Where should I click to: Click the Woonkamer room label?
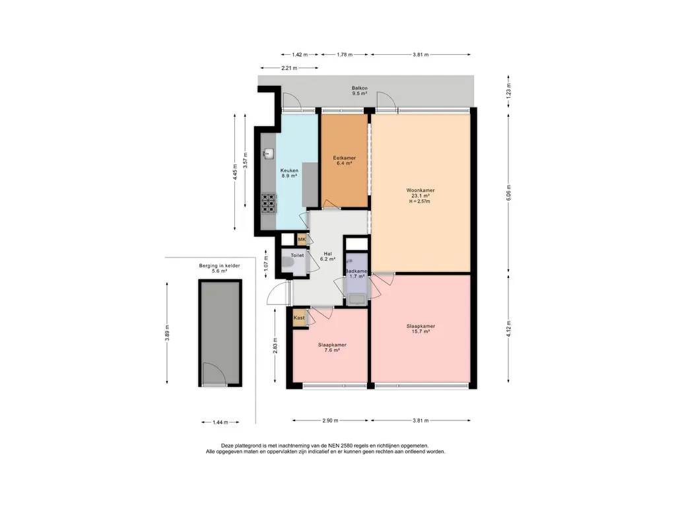(421, 190)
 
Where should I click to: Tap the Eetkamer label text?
(345, 158)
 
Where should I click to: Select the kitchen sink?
(269, 153)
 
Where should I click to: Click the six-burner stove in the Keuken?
(268, 203)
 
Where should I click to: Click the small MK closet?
(302, 239)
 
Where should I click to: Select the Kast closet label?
(299, 318)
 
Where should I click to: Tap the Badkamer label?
(356, 271)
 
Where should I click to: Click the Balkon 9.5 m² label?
(360, 90)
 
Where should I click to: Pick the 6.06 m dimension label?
(509, 193)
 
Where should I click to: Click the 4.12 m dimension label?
(509, 329)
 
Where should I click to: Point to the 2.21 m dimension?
(289, 68)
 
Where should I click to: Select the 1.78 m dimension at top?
(345, 54)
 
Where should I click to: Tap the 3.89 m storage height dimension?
(167, 333)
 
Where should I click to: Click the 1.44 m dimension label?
(220, 422)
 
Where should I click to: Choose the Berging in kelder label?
(219, 265)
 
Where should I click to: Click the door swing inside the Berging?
(215, 374)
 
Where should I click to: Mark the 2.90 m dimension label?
(330, 421)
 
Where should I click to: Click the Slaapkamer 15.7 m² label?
(421, 329)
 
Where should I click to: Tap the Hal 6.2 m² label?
(327, 257)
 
